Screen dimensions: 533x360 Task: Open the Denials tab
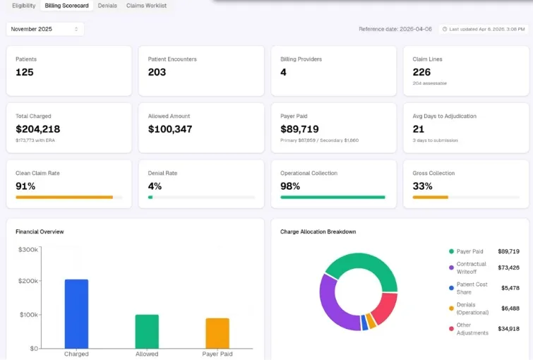(x=107, y=6)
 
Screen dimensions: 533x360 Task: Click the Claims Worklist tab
(x=147, y=6)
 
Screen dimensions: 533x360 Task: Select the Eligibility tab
(x=24, y=6)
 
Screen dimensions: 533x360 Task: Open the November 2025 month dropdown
(x=45, y=29)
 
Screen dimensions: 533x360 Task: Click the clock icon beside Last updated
(x=445, y=29)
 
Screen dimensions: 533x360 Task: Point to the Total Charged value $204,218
(x=37, y=129)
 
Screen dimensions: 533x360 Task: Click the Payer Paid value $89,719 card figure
(x=299, y=129)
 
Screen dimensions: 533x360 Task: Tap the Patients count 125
(x=25, y=72)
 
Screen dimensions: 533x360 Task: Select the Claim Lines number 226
(x=421, y=72)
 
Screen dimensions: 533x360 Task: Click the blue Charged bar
(x=76, y=314)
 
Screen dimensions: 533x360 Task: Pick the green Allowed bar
(x=147, y=332)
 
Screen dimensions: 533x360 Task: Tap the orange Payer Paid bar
(x=217, y=333)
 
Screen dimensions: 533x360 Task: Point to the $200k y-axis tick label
(x=28, y=281)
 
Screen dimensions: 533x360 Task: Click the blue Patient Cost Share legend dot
(x=451, y=288)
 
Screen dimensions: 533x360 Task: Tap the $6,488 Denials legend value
(x=510, y=308)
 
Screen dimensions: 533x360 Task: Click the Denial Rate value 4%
(x=155, y=186)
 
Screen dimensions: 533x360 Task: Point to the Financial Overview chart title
(x=40, y=232)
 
